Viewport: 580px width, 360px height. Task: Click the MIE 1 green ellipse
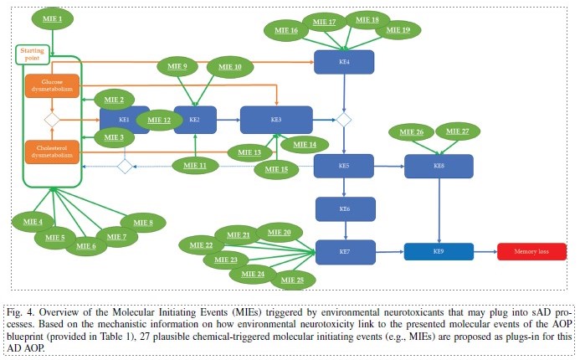pyautogui.click(x=53, y=18)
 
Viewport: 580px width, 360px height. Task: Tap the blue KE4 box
pyautogui.click(x=343, y=61)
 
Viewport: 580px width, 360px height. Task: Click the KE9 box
pyautogui.click(x=439, y=250)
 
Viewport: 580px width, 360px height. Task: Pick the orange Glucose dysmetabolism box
pyautogui.click(x=52, y=86)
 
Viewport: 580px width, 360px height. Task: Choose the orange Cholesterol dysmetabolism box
pyautogui.click(x=52, y=151)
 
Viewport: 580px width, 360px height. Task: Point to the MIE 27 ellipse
pyautogui.click(x=458, y=131)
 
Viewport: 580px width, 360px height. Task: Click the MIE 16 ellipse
pyautogui.click(x=288, y=30)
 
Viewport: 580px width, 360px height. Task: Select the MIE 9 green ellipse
pyautogui.click(x=178, y=66)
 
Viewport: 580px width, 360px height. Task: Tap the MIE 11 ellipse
pyautogui.click(x=195, y=166)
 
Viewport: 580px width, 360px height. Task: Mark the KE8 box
pyautogui.click(x=439, y=166)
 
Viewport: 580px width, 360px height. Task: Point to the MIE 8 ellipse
pyautogui.click(x=144, y=222)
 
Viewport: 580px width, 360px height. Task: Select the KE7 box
pyautogui.click(x=343, y=250)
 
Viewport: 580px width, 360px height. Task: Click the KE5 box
pyautogui.click(x=343, y=166)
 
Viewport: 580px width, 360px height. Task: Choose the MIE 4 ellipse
pyautogui.click(x=34, y=222)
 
